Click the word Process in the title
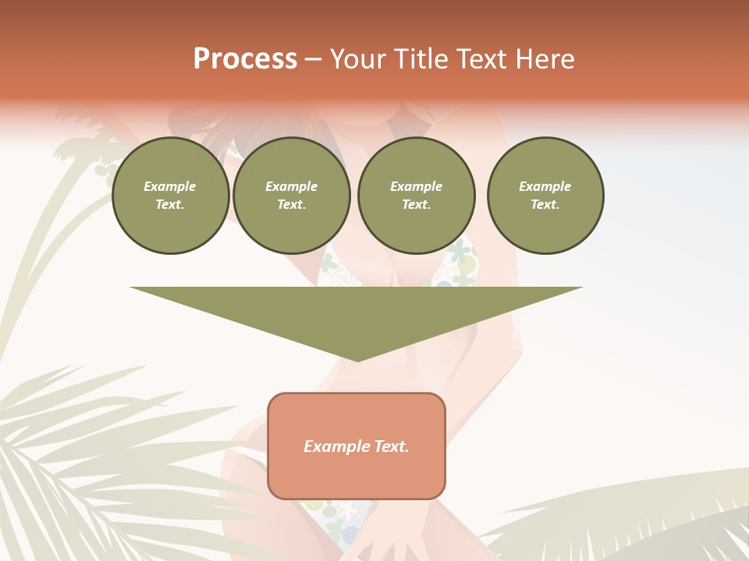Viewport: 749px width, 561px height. click(245, 59)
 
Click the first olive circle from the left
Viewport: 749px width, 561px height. click(171, 196)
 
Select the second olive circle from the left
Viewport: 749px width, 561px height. click(292, 196)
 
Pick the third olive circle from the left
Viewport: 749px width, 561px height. click(417, 196)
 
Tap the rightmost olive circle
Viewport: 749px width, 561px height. click(545, 196)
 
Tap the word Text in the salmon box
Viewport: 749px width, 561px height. click(390, 446)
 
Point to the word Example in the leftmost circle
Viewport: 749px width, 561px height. click(170, 186)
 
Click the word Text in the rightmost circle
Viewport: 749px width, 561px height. click(545, 205)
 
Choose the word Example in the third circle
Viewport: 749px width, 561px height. click(417, 186)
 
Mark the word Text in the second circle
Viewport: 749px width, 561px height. click(291, 205)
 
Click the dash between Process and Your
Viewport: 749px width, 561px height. click(313, 60)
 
